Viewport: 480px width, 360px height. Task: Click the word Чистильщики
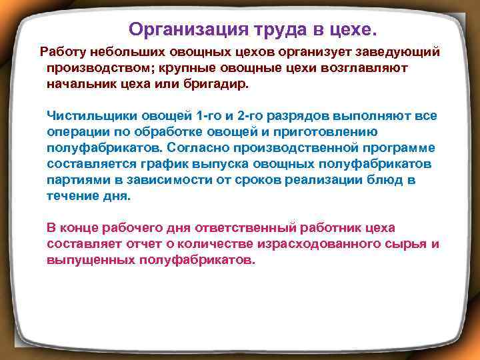(82, 115)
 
